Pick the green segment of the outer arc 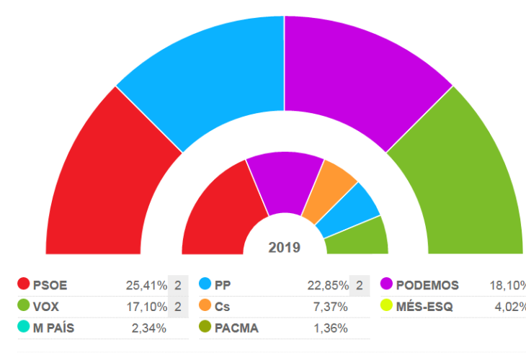[461, 180]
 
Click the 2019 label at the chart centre [285, 248]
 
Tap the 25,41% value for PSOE [146, 285]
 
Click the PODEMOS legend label [427, 285]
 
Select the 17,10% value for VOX [146, 306]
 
